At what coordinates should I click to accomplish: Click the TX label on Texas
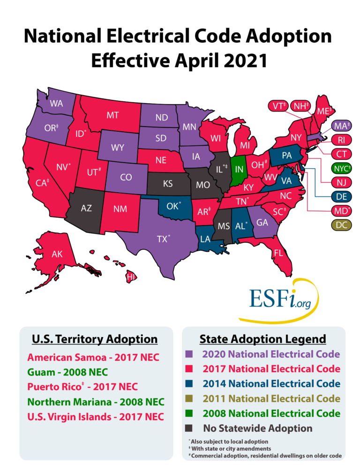tap(162, 240)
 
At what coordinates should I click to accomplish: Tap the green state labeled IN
tap(239, 169)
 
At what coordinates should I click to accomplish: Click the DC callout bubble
tap(342, 225)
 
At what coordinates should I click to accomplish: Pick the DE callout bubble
tap(342, 196)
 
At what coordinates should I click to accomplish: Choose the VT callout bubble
tap(278, 106)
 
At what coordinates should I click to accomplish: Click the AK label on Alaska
tap(57, 255)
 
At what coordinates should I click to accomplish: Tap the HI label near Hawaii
tap(132, 278)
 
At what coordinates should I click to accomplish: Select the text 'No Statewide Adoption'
tap(257, 428)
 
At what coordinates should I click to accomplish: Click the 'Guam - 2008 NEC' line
tap(67, 372)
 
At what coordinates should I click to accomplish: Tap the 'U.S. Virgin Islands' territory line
tap(95, 417)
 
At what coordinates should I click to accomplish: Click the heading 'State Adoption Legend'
tap(262, 338)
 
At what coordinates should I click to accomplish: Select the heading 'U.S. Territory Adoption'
tap(94, 339)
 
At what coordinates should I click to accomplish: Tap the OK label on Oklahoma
tap(172, 205)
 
